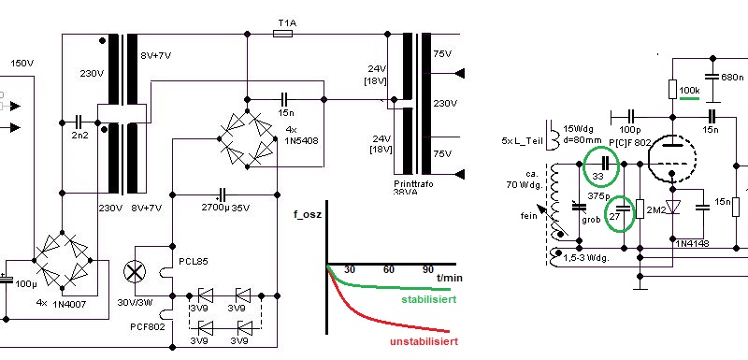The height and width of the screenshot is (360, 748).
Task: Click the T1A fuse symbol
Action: [x=283, y=34]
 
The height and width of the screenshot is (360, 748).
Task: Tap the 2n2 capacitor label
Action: [x=79, y=135]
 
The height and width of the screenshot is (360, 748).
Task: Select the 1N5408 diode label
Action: [x=302, y=140]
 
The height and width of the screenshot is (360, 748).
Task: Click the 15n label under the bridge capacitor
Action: [x=285, y=113]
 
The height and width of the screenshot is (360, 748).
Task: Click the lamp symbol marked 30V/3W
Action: [x=135, y=272]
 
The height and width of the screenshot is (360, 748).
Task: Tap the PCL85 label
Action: [x=194, y=262]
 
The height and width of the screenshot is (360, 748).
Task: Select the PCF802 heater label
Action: [x=148, y=326]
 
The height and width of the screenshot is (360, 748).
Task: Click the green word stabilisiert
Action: [x=428, y=299]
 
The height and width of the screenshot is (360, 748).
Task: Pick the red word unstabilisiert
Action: [x=424, y=341]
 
